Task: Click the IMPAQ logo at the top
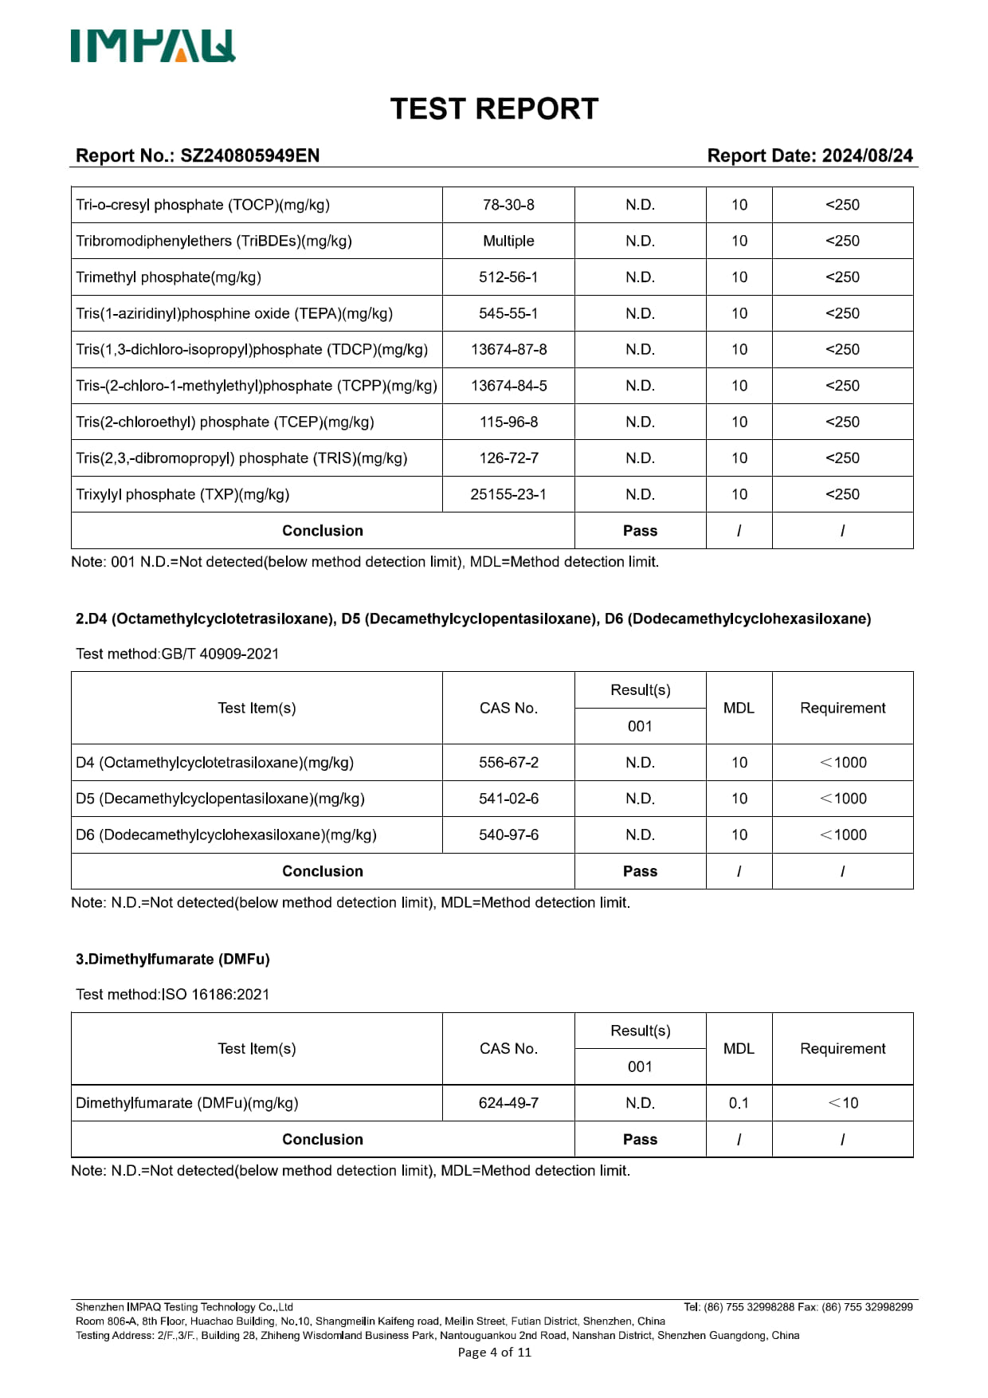pyautogui.click(x=153, y=46)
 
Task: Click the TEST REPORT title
pyautogui.click(x=494, y=109)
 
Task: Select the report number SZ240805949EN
pyautogui.click(x=249, y=155)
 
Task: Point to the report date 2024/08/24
pyautogui.click(x=867, y=155)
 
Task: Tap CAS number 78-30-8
pyautogui.click(x=508, y=205)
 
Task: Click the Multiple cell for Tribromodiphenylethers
pyautogui.click(x=508, y=241)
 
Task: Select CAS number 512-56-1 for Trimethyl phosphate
pyautogui.click(x=508, y=277)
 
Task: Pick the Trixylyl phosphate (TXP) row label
pyautogui.click(x=182, y=494)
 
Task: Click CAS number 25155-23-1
pyautogui.click(x=508, y=494)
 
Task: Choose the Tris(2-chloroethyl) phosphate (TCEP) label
pyautogui.click(x=225, y=422)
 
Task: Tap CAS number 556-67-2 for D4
pyautogui.click(x=508, y=763)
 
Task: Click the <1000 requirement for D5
pyautogui.click(x=843, y=799)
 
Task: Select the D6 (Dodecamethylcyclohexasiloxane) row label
pyautogui.click(x=226, y=834)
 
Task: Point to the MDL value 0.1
pyautogui.click(x=739, y=1103)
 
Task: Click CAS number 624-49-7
pyautogui.click(x=508, y=1103)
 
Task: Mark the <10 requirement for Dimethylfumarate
pyautogui.click(x=843, y=1103)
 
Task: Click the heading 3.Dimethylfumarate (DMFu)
pyautogui.click(x=173, y=959)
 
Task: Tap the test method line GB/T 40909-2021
pyautogui.click(x=178, y=654)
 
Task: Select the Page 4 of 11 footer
pyautogui.click(x=494, y=1352)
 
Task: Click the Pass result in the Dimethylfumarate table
pyautogui.click(x=640, y=1140)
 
